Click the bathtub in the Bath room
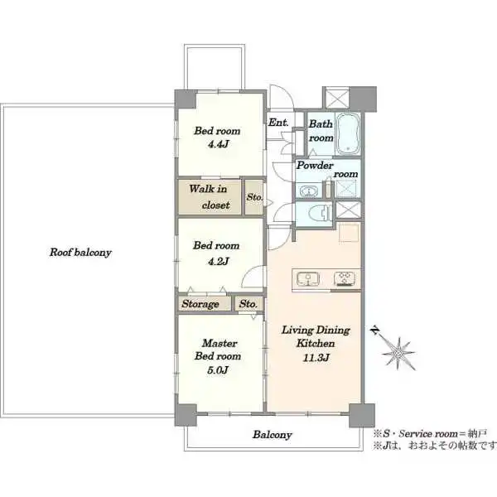[348, 133]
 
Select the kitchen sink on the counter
[308, 279]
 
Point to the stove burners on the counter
[345, 278]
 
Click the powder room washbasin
[307, 191]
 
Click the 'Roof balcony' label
[80, 253]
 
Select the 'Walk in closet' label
[209, 197]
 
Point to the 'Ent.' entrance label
[278, 123]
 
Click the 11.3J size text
[316, 358]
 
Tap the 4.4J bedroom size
[218, 144]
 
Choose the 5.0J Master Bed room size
[217, 370]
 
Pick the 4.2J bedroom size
[218, 261]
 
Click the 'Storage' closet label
[200, 304]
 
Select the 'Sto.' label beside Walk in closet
[254, 197]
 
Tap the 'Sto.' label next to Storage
[248, 304]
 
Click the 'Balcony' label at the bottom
[272, 435]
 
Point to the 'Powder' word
[315, 165]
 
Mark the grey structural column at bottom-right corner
[362, 415]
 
